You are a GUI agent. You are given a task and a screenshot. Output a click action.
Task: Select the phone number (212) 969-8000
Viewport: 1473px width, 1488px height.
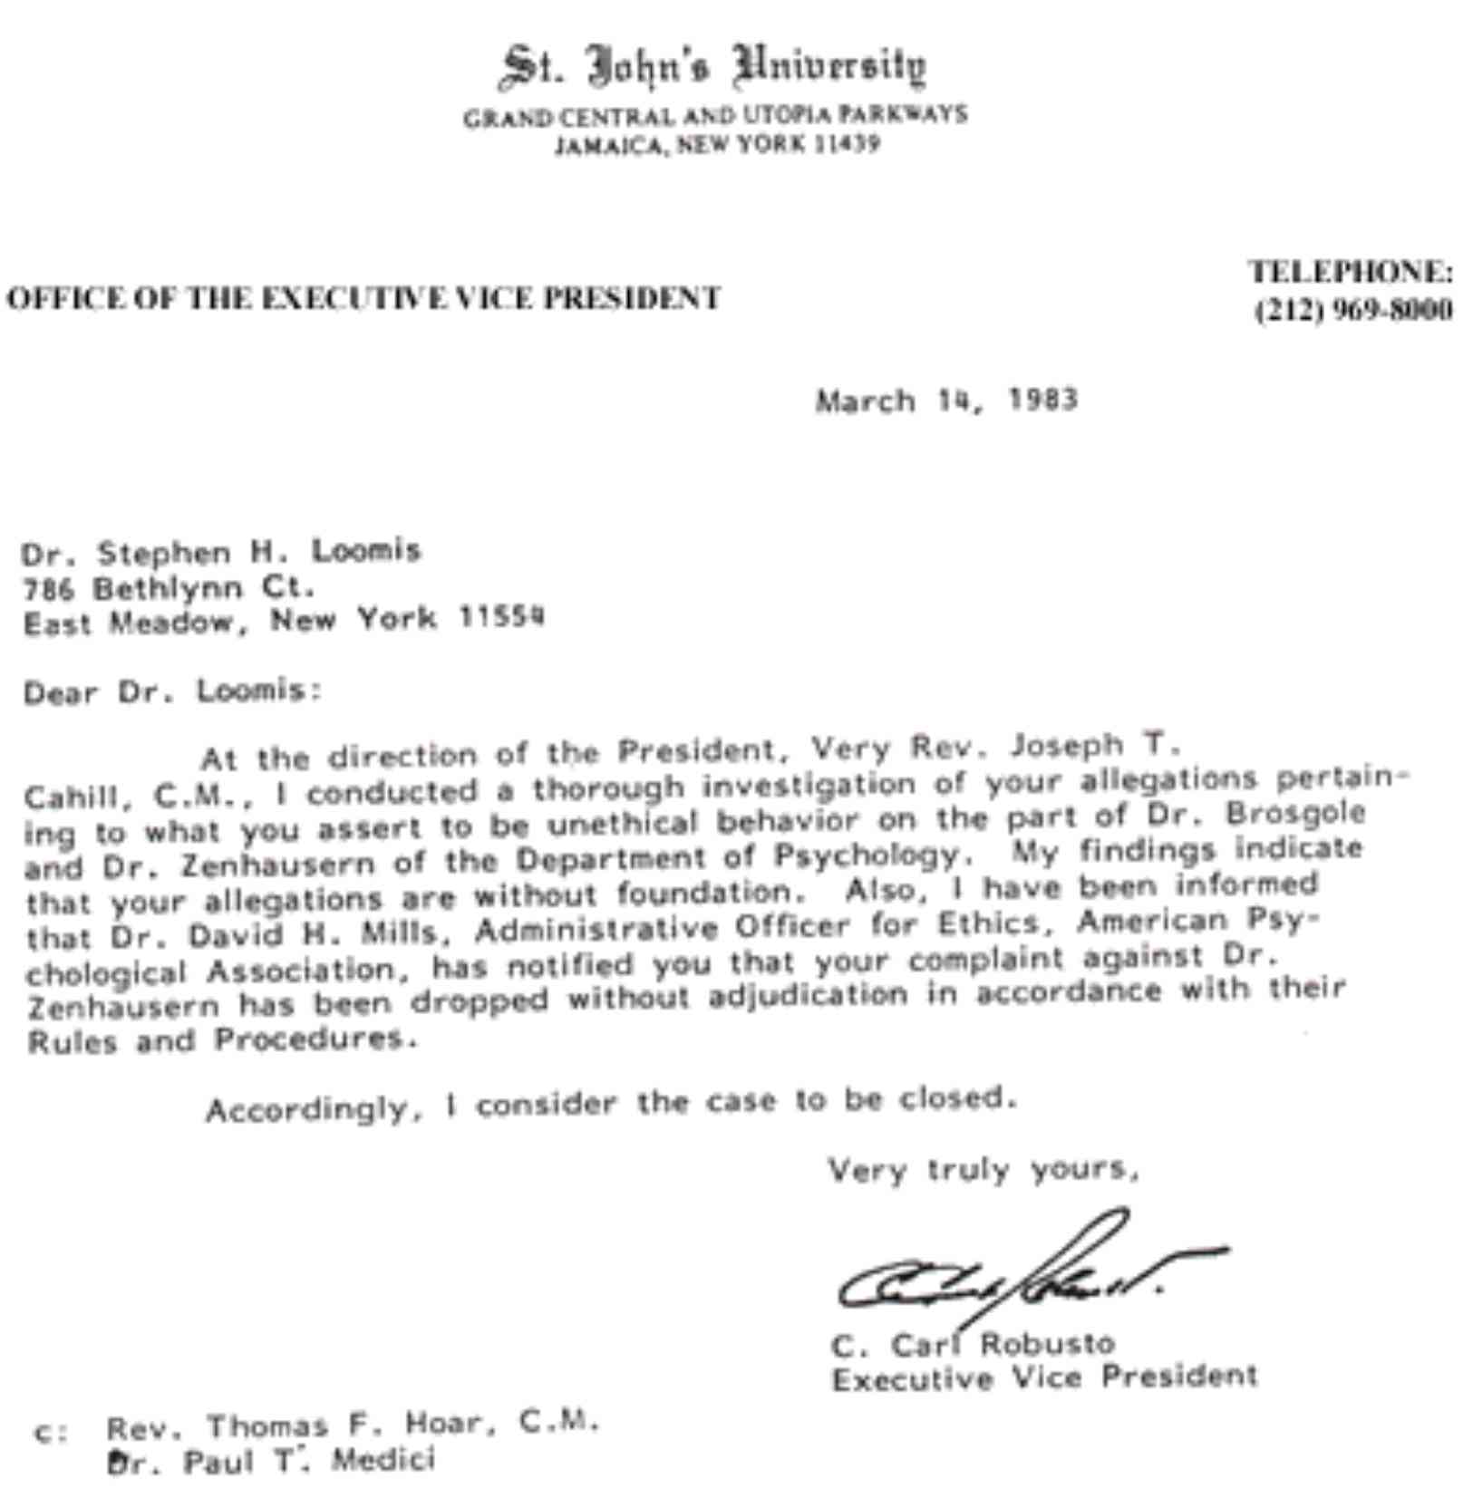1353,311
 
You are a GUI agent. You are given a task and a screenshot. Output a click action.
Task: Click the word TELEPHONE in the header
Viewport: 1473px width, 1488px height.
1350,272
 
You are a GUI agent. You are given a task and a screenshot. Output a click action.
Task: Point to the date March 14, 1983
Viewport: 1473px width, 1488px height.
946,400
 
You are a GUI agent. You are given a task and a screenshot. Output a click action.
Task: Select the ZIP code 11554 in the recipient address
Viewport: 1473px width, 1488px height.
501,618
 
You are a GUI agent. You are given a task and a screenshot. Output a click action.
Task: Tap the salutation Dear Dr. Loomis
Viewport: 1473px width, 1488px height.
172,692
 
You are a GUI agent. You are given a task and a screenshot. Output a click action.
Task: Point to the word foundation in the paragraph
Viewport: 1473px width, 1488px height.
705,894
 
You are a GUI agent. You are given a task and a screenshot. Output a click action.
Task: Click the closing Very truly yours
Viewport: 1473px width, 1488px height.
983,1170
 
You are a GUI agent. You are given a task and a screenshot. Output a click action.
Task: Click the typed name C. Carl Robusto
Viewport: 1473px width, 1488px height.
973,1344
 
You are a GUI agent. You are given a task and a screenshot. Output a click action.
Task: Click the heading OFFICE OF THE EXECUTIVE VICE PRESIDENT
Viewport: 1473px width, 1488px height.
363,298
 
